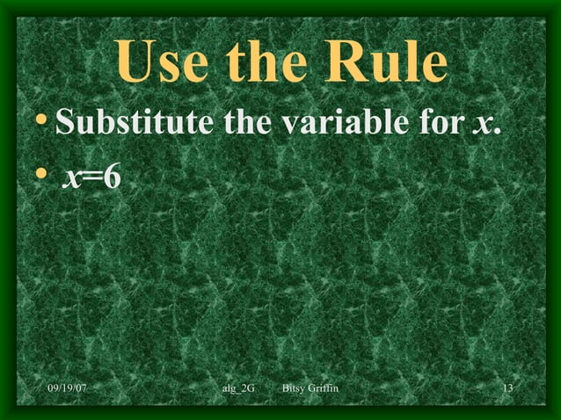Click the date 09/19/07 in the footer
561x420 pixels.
[x=72, y=388]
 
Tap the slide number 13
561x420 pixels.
[x=506, y=388]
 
